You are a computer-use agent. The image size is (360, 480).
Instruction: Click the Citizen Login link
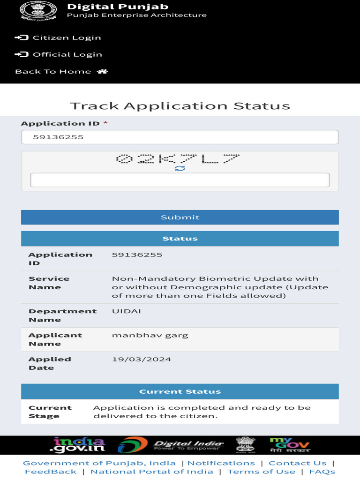click(67, 38)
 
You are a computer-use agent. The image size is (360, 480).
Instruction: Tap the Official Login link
click(67, 55)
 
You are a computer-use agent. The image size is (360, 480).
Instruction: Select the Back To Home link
click(53, 72)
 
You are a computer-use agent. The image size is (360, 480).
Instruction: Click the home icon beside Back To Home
click(102, 72)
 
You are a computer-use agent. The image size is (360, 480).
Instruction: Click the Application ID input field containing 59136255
click(180, 137)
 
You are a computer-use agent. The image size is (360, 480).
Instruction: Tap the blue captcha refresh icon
click(180, 168)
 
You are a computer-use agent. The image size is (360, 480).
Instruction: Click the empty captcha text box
click(180, 180)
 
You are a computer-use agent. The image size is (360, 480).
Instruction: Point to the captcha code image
click(178, 158)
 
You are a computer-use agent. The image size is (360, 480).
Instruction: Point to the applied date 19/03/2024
click(142, 360)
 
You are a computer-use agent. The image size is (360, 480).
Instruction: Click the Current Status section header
click(180, 391)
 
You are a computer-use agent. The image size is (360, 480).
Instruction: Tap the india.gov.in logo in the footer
click(79, 445)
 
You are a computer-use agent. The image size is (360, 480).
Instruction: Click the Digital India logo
click(171, 445)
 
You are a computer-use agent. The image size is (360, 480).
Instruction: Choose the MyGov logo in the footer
click(289, 445)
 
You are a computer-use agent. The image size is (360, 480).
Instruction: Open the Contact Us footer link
click(297, 463)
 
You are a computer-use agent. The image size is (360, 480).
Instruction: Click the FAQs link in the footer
click(322, 472)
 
